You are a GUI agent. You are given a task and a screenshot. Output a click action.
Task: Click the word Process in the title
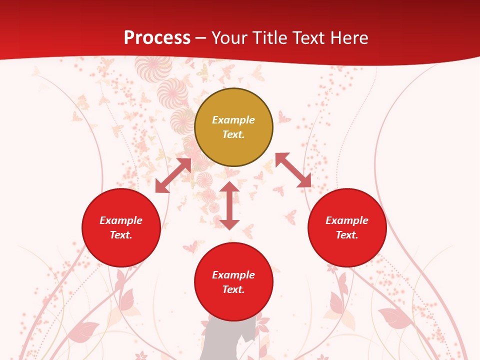pos(157,38)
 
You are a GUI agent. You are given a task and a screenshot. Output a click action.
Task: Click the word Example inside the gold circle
pos(233,120)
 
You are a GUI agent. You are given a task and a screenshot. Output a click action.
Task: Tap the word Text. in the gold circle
pos(233,134)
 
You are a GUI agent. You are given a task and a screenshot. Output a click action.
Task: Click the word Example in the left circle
pos(121,220)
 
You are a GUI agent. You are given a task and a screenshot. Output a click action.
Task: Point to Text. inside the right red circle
pos(347,235)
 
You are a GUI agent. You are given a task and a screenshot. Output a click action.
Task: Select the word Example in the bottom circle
pos(233,275)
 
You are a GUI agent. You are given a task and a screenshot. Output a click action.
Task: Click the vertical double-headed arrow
pos(229,205)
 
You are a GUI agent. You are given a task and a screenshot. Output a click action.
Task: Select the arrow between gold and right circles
pos(293,170)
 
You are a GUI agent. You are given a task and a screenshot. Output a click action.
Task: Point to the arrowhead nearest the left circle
pos(161,186)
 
